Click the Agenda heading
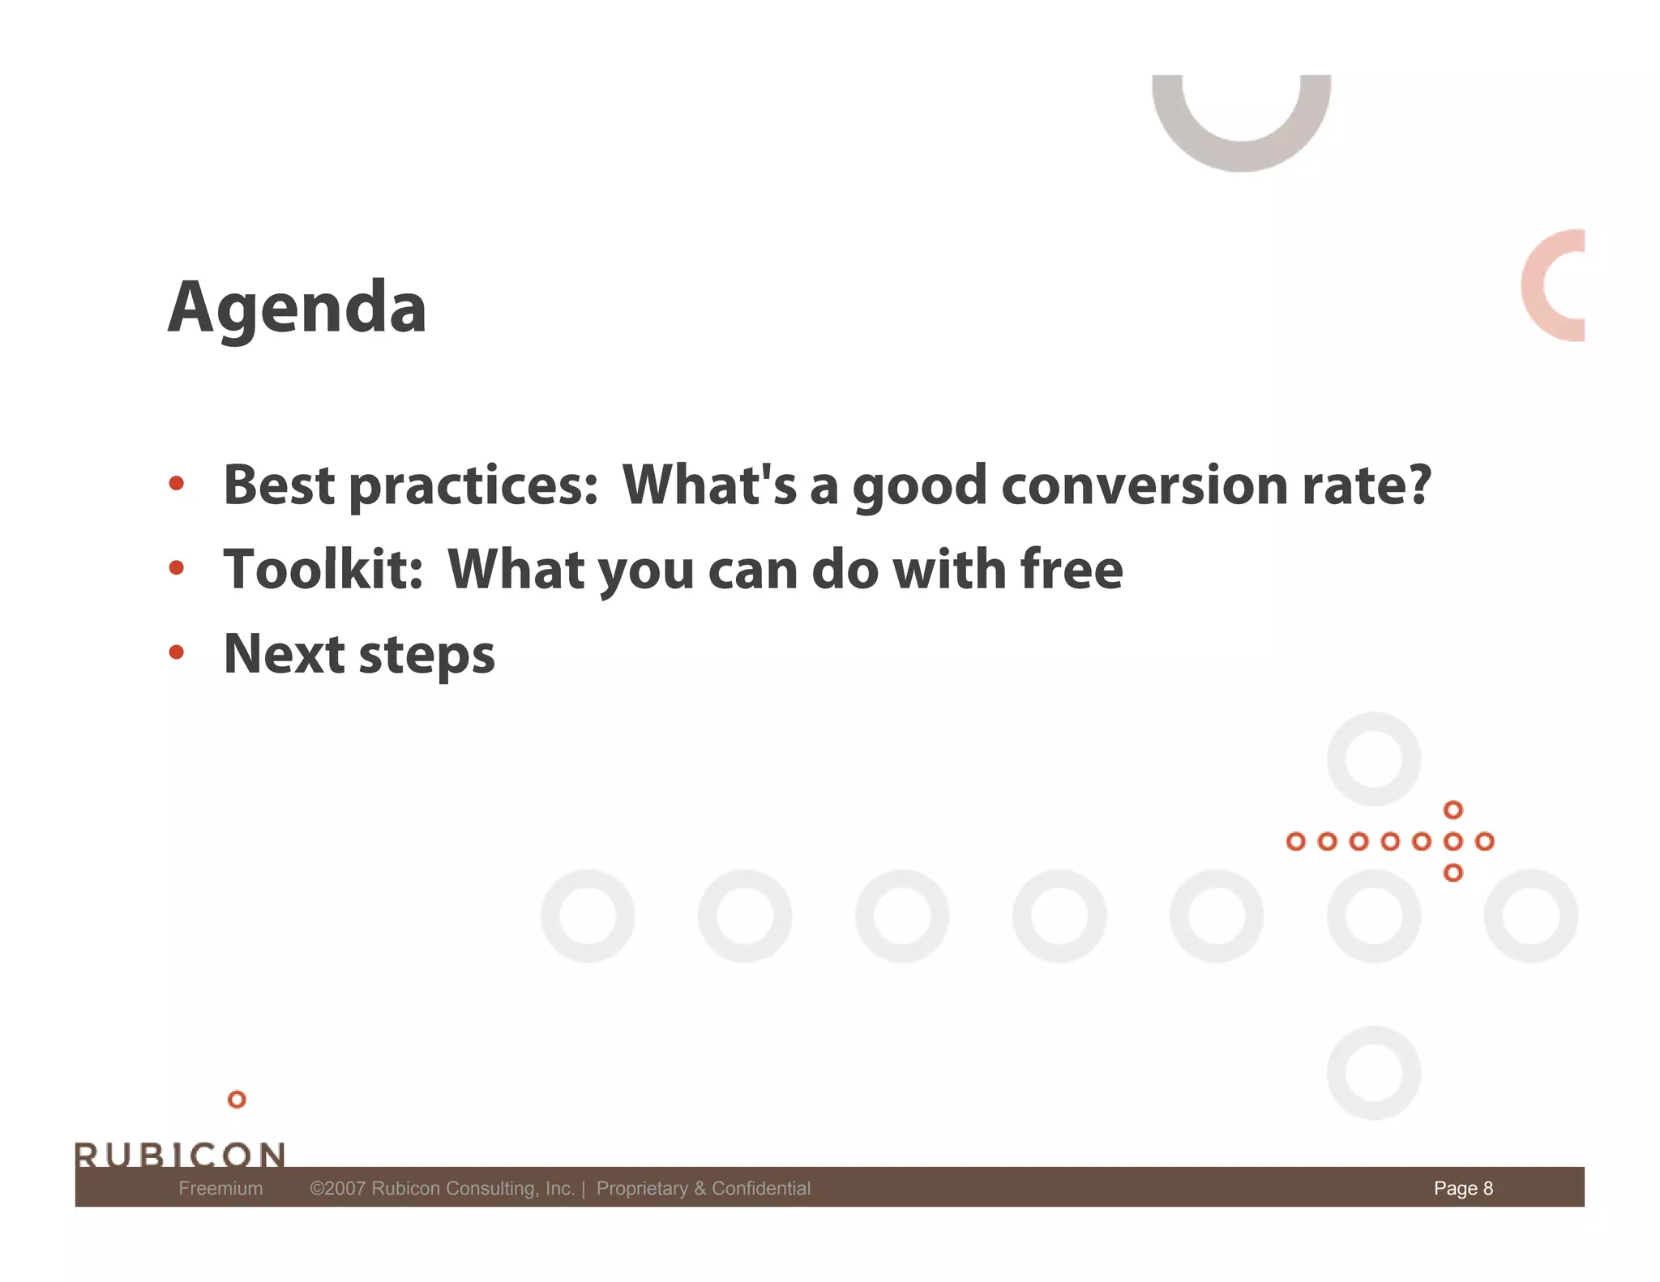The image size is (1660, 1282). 297,308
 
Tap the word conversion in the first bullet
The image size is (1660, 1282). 1144,485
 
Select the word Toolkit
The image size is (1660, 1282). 323,569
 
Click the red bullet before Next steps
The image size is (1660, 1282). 177,652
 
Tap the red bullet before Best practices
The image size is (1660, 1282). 177,484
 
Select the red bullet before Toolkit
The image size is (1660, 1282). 177,568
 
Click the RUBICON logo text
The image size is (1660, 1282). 180,1154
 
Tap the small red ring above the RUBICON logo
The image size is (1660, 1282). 237,1100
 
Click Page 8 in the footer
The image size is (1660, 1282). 1463,1188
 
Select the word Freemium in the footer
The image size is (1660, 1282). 220,1188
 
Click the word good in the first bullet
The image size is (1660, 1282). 919,487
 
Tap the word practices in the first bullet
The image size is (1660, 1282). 473,487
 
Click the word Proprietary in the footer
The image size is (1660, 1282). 641,1188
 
